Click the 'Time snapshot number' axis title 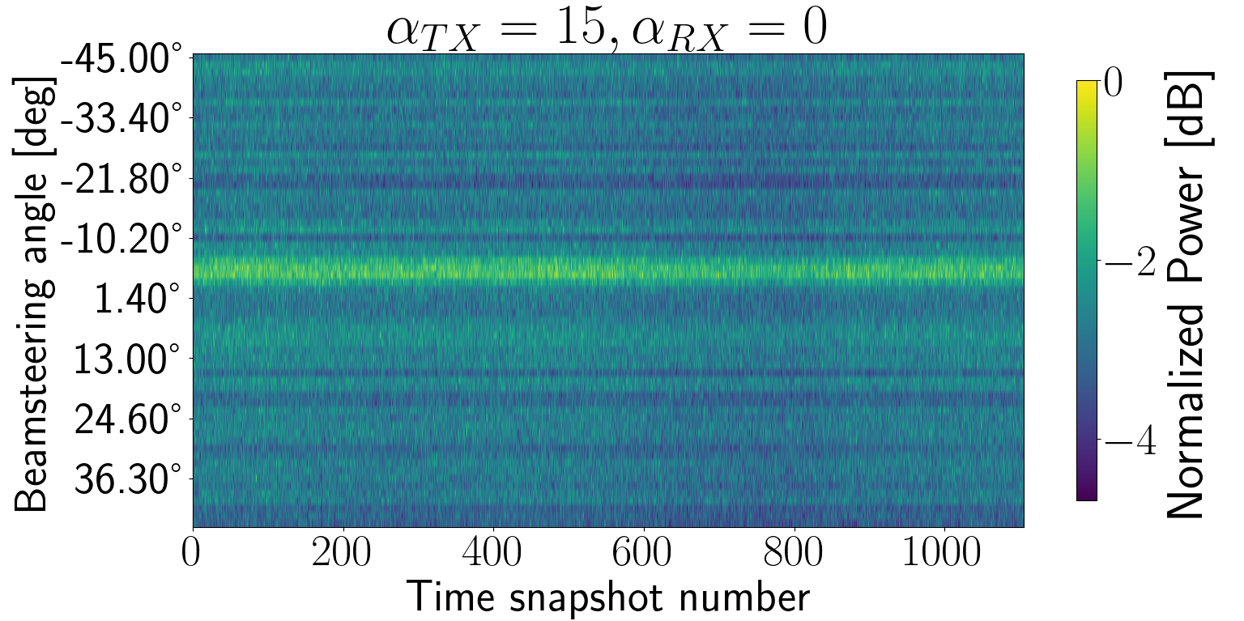[607, 598]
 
